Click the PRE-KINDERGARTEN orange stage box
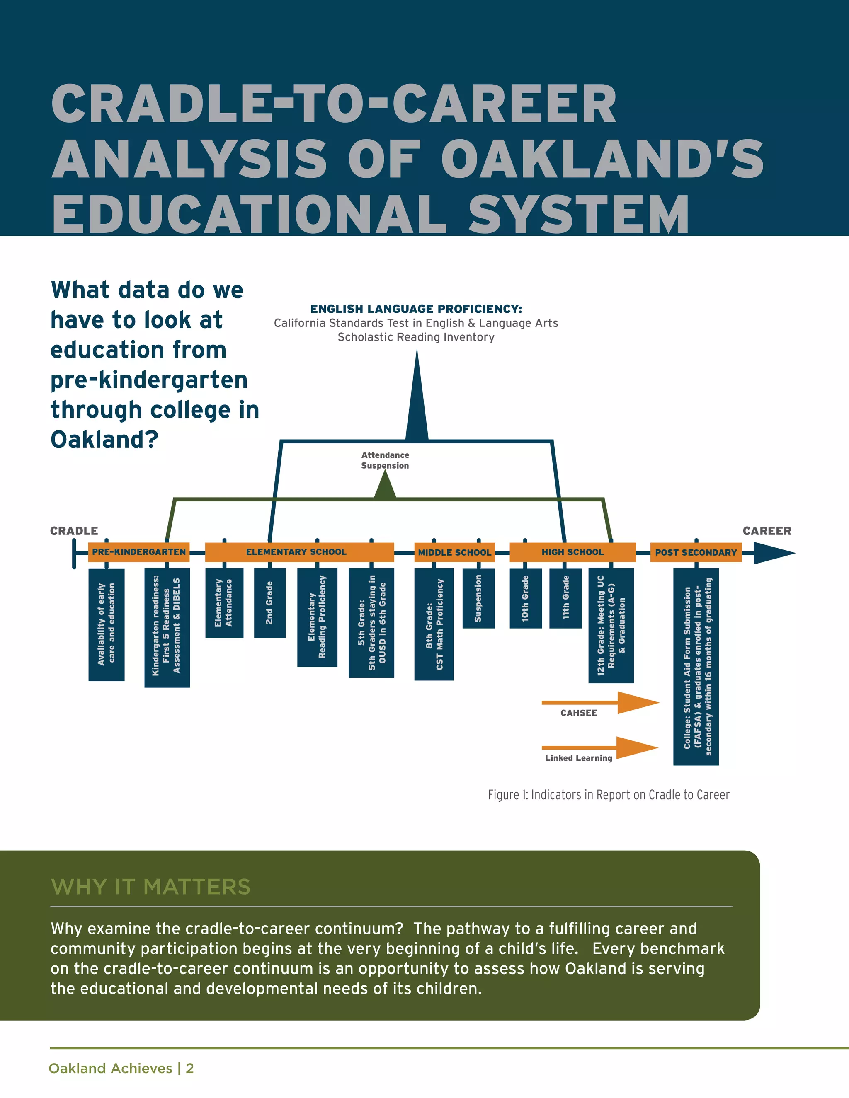(x=139, y=552)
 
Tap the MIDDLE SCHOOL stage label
(x=454, y=552)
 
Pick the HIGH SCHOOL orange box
(x=572, y=552)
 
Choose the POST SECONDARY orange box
(x=696, y=552)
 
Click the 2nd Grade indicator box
(x=269, y=603)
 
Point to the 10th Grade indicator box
(x=526, y=598)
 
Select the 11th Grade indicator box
(x=565, y=598)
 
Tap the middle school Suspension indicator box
(x=478, y=598)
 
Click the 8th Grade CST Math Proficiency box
(x=434, y=624)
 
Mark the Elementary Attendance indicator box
(x=224, y=603)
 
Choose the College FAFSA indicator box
(x=696, y=666)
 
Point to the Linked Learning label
(x=578, y=758)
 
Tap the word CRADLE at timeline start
(x=74, y=531)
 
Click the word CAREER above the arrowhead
(x=767, y=531)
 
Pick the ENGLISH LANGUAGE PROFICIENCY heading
(x=416, y=309)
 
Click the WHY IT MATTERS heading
(x=150, y=887)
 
